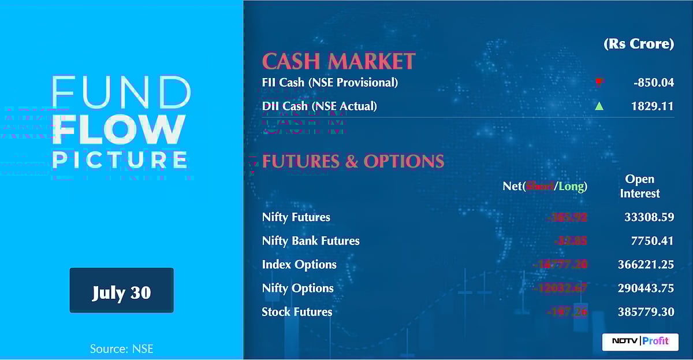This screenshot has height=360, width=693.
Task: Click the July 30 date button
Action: click(121, 291)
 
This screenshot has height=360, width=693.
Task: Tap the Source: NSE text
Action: click(121, 348)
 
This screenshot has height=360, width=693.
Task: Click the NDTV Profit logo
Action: click(640, 341)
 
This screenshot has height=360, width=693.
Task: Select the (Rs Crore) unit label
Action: click(639, 44)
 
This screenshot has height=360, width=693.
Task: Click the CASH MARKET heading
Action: click(338, 61)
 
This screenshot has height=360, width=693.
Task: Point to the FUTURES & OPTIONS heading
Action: click(353, 161)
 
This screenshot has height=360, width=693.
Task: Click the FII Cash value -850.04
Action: click(653, 82)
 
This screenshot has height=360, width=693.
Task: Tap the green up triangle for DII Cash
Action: click(599, 106)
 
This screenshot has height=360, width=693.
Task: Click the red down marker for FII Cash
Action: click(599, 82)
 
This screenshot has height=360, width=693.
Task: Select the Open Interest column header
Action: click(639, 186)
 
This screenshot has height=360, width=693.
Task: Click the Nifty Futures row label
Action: click(296, 217)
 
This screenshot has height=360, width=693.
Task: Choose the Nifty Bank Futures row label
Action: click(311, 241)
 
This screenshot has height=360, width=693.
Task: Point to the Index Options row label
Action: click(299, 265)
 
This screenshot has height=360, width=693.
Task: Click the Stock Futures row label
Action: click(297, 312)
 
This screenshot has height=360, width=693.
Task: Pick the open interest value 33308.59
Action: click(649, 217)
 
